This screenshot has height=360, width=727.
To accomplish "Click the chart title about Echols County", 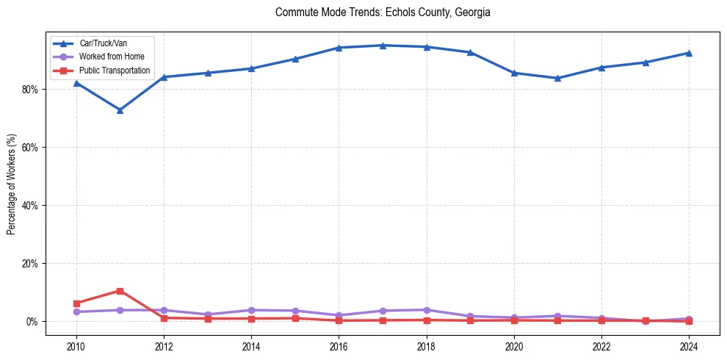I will point(383,12).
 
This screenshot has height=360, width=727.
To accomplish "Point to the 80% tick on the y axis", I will point(32,90).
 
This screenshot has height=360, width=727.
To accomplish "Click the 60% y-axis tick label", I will point(32,148).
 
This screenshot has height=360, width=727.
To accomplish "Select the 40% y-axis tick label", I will point(32,206).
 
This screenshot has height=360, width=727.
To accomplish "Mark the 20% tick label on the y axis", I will point(32,264).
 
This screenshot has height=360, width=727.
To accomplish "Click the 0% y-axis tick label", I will point(34,322).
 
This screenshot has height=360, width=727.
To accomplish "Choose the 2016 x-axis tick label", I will point(339,346).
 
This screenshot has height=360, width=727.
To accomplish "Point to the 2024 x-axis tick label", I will point(689,346).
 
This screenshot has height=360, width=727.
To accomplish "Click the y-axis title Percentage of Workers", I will point(11,184).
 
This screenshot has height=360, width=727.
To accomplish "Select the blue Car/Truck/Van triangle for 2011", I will point(120,110).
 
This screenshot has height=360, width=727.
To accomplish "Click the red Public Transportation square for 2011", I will point(120,291).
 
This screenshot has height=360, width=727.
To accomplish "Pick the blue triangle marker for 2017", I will point(383,46).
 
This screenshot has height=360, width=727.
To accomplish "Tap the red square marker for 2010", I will point(76,303).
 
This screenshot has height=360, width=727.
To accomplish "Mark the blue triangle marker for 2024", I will point(689,53).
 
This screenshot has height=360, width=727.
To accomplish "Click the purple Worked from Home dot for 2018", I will point(426,310).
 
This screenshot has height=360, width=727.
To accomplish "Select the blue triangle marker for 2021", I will point(557,78).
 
